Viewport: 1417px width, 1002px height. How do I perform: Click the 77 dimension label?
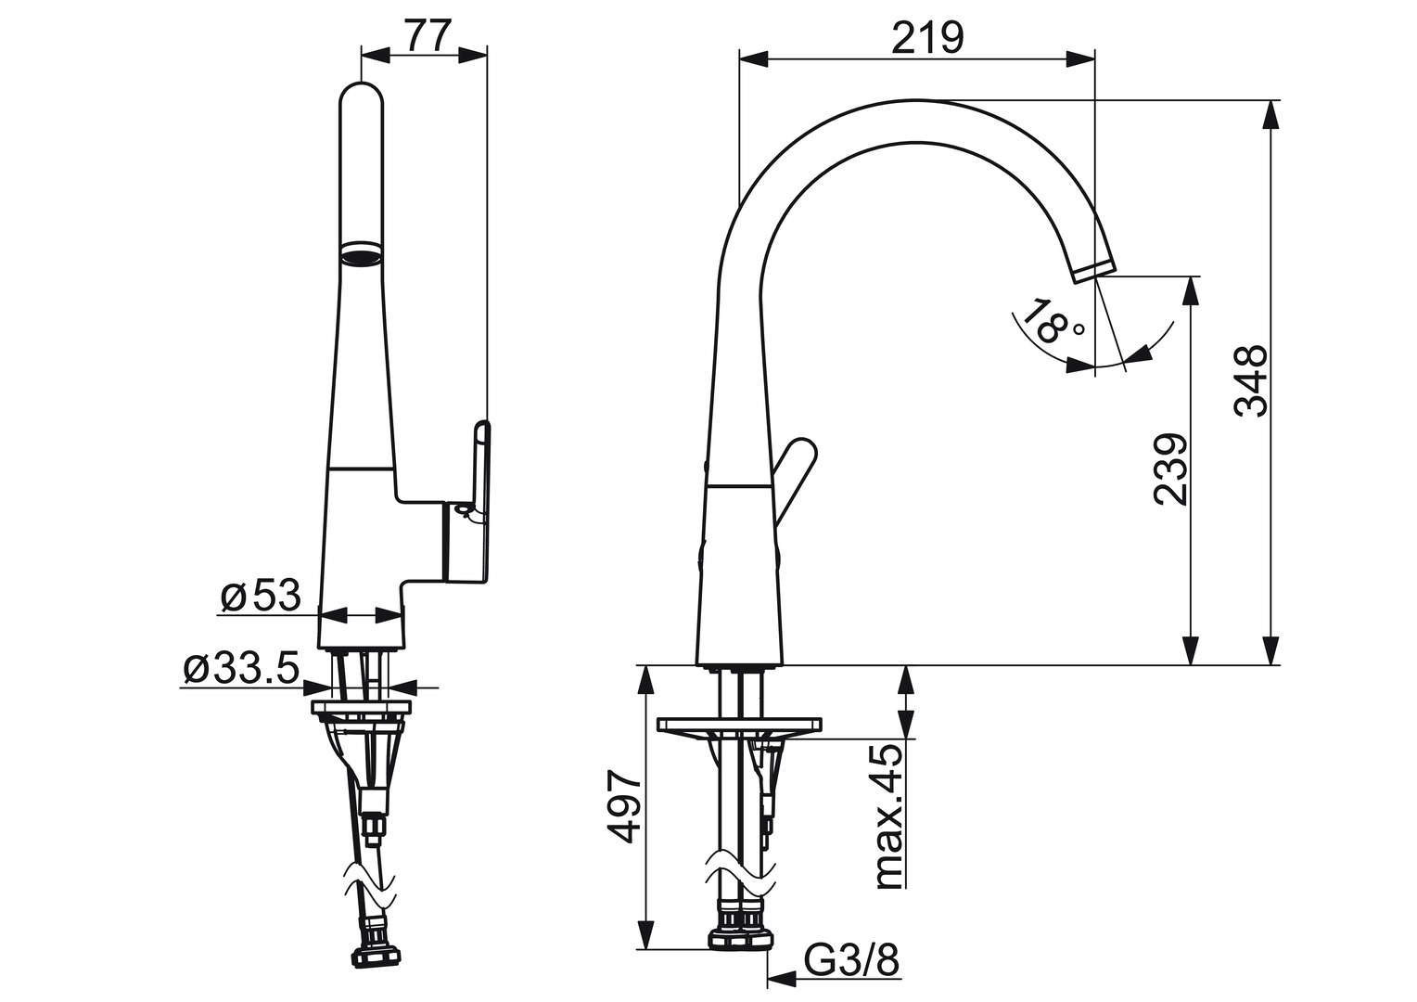428,36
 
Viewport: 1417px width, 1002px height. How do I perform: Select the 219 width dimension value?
927,37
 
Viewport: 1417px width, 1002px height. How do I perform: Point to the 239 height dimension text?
1170,469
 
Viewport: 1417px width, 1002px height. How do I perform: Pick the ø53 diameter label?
262,596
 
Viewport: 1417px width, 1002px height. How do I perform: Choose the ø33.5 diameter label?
241,667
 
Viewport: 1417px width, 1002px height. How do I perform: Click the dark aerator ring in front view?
361,252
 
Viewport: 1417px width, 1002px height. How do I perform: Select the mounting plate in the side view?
739,724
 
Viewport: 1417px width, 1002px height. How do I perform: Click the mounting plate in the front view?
361,709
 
